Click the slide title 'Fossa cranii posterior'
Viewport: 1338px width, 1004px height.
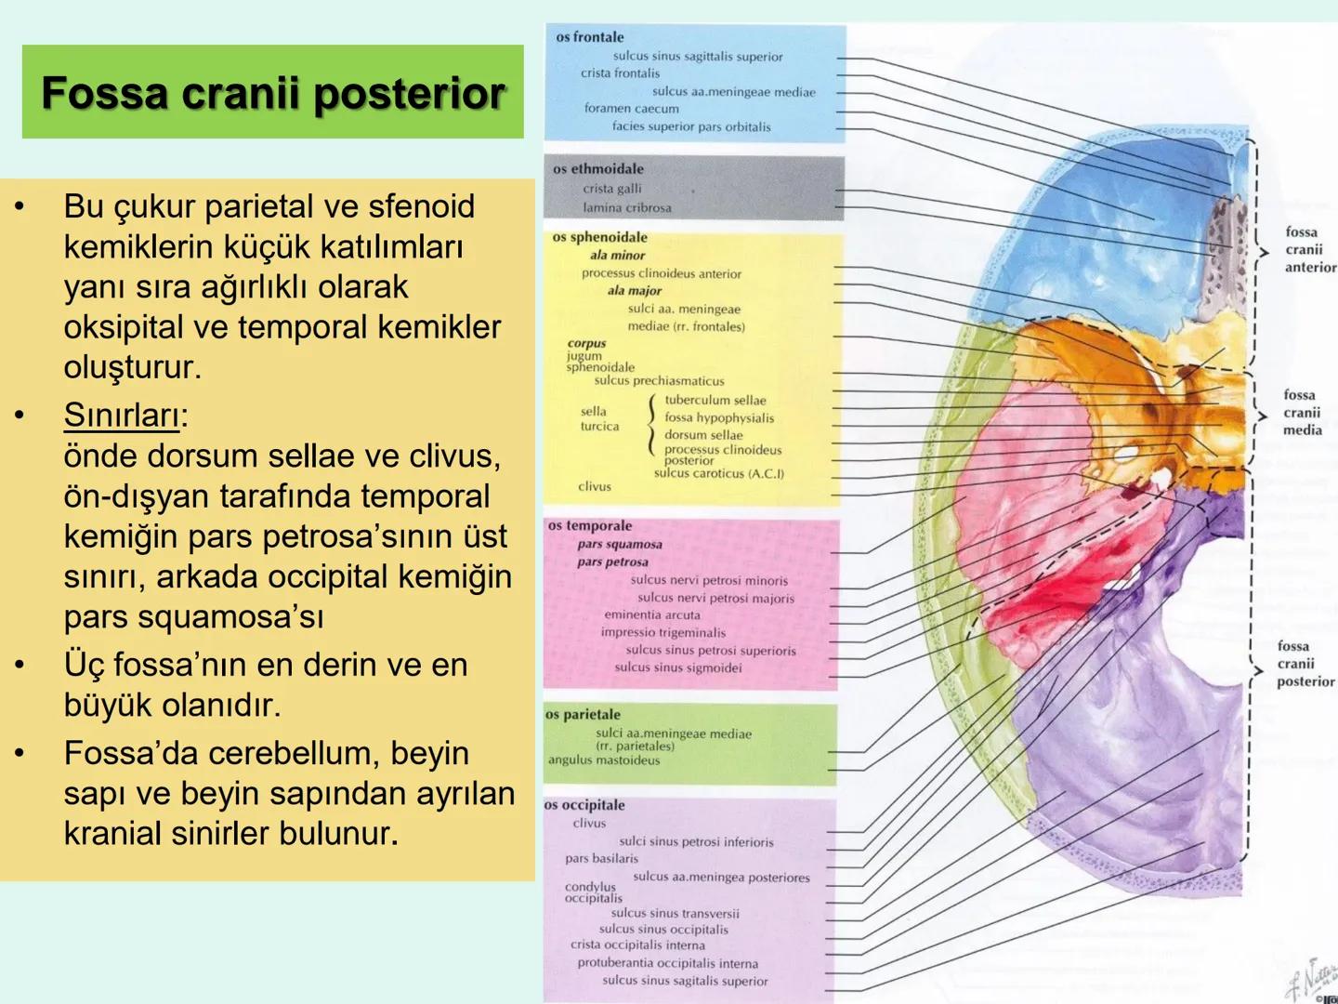click(x=272, y=93)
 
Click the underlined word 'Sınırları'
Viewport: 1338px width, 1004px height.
click(x=121, y=416)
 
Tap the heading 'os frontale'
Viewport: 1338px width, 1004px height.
click(x=589, y=37)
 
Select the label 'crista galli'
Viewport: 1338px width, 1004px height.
click(x=611, y=189)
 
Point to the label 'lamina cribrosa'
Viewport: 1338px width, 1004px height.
click(x=626, y=207)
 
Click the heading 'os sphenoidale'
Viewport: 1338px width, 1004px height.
click(x=599, y=237)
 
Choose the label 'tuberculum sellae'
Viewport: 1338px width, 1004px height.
click(x=715, y=400)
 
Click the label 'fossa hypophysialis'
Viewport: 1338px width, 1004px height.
click(x=718, y=417)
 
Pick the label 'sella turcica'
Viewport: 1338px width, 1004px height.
click(x=599, y=418)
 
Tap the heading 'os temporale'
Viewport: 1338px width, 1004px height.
click(x=589, y=525)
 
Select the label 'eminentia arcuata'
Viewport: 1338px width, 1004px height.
click(x=651, y=614)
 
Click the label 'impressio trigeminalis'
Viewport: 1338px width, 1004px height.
click(x=662, y=632)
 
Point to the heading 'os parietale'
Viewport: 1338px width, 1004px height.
click(x=583, y=714)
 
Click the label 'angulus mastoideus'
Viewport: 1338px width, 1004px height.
click(x=603, y=760)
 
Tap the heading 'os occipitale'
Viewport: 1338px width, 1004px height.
click(x=584, y=805)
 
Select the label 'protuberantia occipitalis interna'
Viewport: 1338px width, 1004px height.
click(x=667, y=963)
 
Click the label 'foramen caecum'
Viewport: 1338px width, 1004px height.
click(x=631, y=108)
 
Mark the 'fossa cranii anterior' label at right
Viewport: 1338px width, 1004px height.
click(x=1309, y=249)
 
